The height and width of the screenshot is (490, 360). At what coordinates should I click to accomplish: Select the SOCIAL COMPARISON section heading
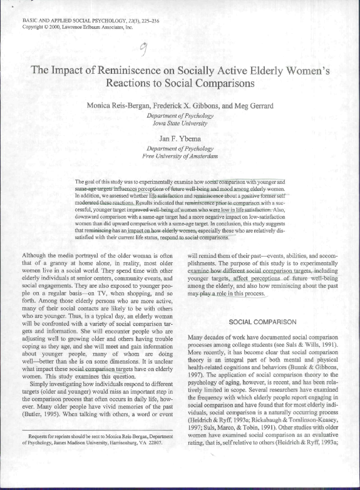point(262,322)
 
